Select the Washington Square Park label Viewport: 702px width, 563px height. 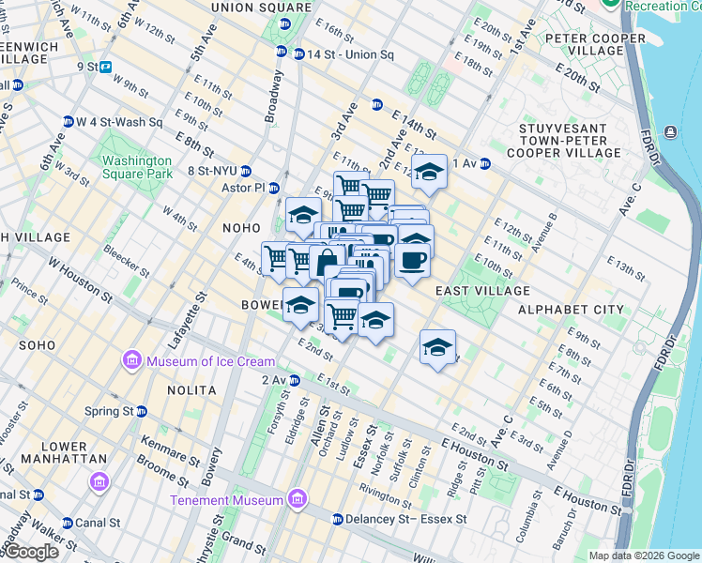pyautogui.click(x=138, y=167)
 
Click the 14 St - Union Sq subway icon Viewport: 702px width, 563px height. pyautogui.click(x=298, y=53)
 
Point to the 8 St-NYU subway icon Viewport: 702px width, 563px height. pyautogui.click(x=246, y=171)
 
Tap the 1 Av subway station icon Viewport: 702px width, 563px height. pyautogui.click(x=485, y=163)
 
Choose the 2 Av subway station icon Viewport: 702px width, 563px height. pyautogui.click(x=295, y=380)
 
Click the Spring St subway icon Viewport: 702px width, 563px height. pyautogui.click(x=142, y=411)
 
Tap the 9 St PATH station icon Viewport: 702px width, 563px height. pyautogui.click(x=106, y=67)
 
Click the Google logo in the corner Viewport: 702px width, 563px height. pyautogui.click(x=31, y=553)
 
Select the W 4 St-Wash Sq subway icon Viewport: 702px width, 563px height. pyautogui.click(x=68, y=122)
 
